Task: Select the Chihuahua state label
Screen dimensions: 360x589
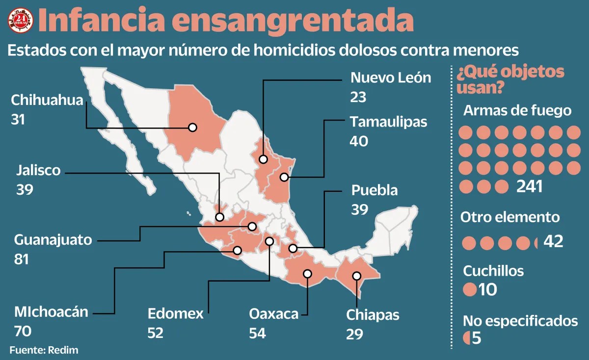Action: [x=47, y=101]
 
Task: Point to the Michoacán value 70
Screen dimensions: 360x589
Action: [x=23, y=331]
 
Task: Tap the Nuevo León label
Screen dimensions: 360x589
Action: [x=391, y=77]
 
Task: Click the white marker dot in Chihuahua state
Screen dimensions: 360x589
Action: [x=192, y=127]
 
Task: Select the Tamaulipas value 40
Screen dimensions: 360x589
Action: [x=359, y=141]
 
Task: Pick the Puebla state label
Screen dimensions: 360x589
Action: [x=374, y=190]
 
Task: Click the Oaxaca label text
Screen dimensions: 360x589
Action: [x=273, y=313]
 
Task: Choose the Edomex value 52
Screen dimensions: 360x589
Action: [x=156, y=333]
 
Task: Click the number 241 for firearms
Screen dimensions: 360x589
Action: [x=529, y=186]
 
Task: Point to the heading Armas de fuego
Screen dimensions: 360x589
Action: [x=517, y=110]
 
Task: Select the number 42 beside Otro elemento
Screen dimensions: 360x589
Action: [x=553, y=241]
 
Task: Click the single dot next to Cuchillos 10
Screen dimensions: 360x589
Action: [x=470, y=289]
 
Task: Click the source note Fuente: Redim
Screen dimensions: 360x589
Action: [x=44, y=350]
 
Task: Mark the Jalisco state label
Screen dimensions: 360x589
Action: [x=38, y=171]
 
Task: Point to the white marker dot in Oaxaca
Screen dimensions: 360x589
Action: [x=308, y=274]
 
